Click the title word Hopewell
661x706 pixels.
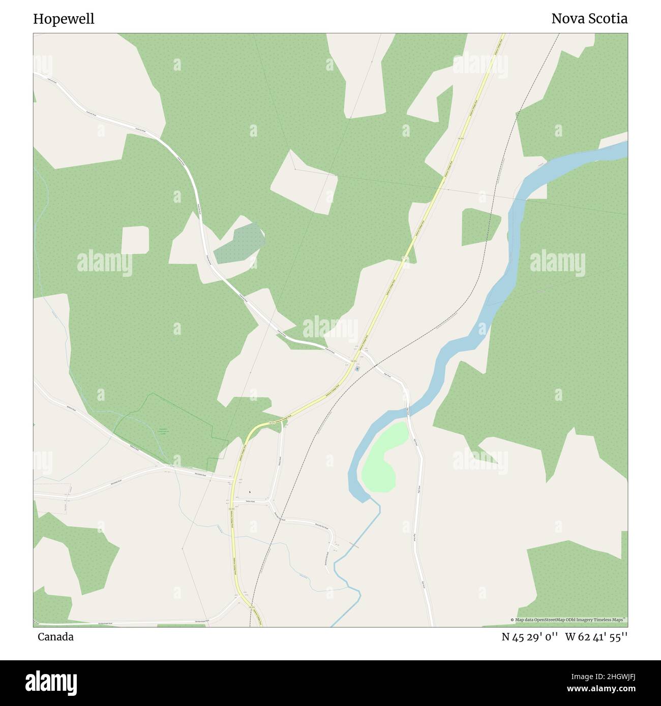point(64,19)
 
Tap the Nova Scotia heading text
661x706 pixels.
point(589,19)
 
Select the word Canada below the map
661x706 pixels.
point(55,637)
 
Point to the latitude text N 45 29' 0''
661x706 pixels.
point(530,637)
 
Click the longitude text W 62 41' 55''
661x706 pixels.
point(596,637)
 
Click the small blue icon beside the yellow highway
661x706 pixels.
point(357,368)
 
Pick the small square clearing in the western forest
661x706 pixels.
point(135,240)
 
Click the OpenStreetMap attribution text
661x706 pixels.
point(568,620)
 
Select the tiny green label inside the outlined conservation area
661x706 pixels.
point(163,431)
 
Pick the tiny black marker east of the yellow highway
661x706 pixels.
point(250,491)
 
